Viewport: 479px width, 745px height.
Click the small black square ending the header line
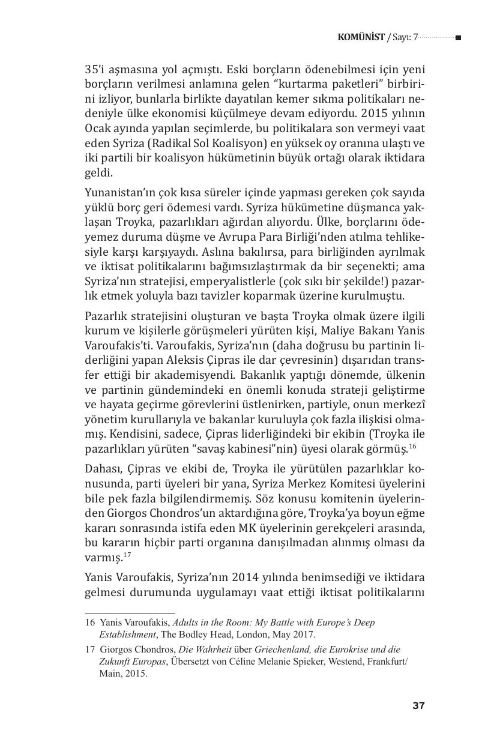click(458, 38)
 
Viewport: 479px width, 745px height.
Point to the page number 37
click(418, 705)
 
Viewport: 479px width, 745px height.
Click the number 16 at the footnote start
click(90, 623)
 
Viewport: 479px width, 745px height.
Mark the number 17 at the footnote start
click(90, 650)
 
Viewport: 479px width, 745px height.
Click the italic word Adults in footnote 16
click(185, 623)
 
